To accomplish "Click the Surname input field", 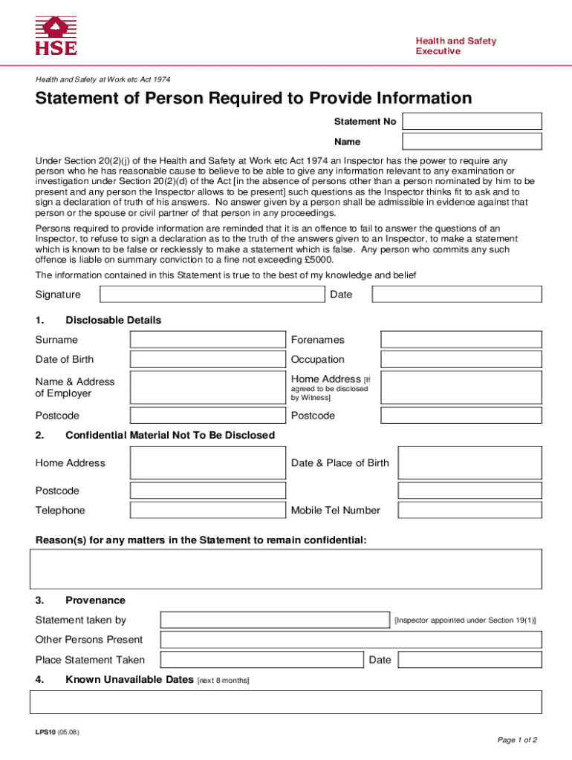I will tap(208, 340).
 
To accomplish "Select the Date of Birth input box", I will tap(208, 359).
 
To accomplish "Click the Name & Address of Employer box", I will tap(208, 387).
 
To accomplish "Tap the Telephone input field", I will tap(208, 510).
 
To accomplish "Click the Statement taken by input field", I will tap(275, 620).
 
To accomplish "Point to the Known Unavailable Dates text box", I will tap(285, 702).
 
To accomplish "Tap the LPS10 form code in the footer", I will tap(45, 733).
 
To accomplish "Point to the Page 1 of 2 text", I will tap(517, 740).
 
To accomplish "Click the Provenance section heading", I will tap(95, 600).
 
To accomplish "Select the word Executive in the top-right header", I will tap(438, 51).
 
